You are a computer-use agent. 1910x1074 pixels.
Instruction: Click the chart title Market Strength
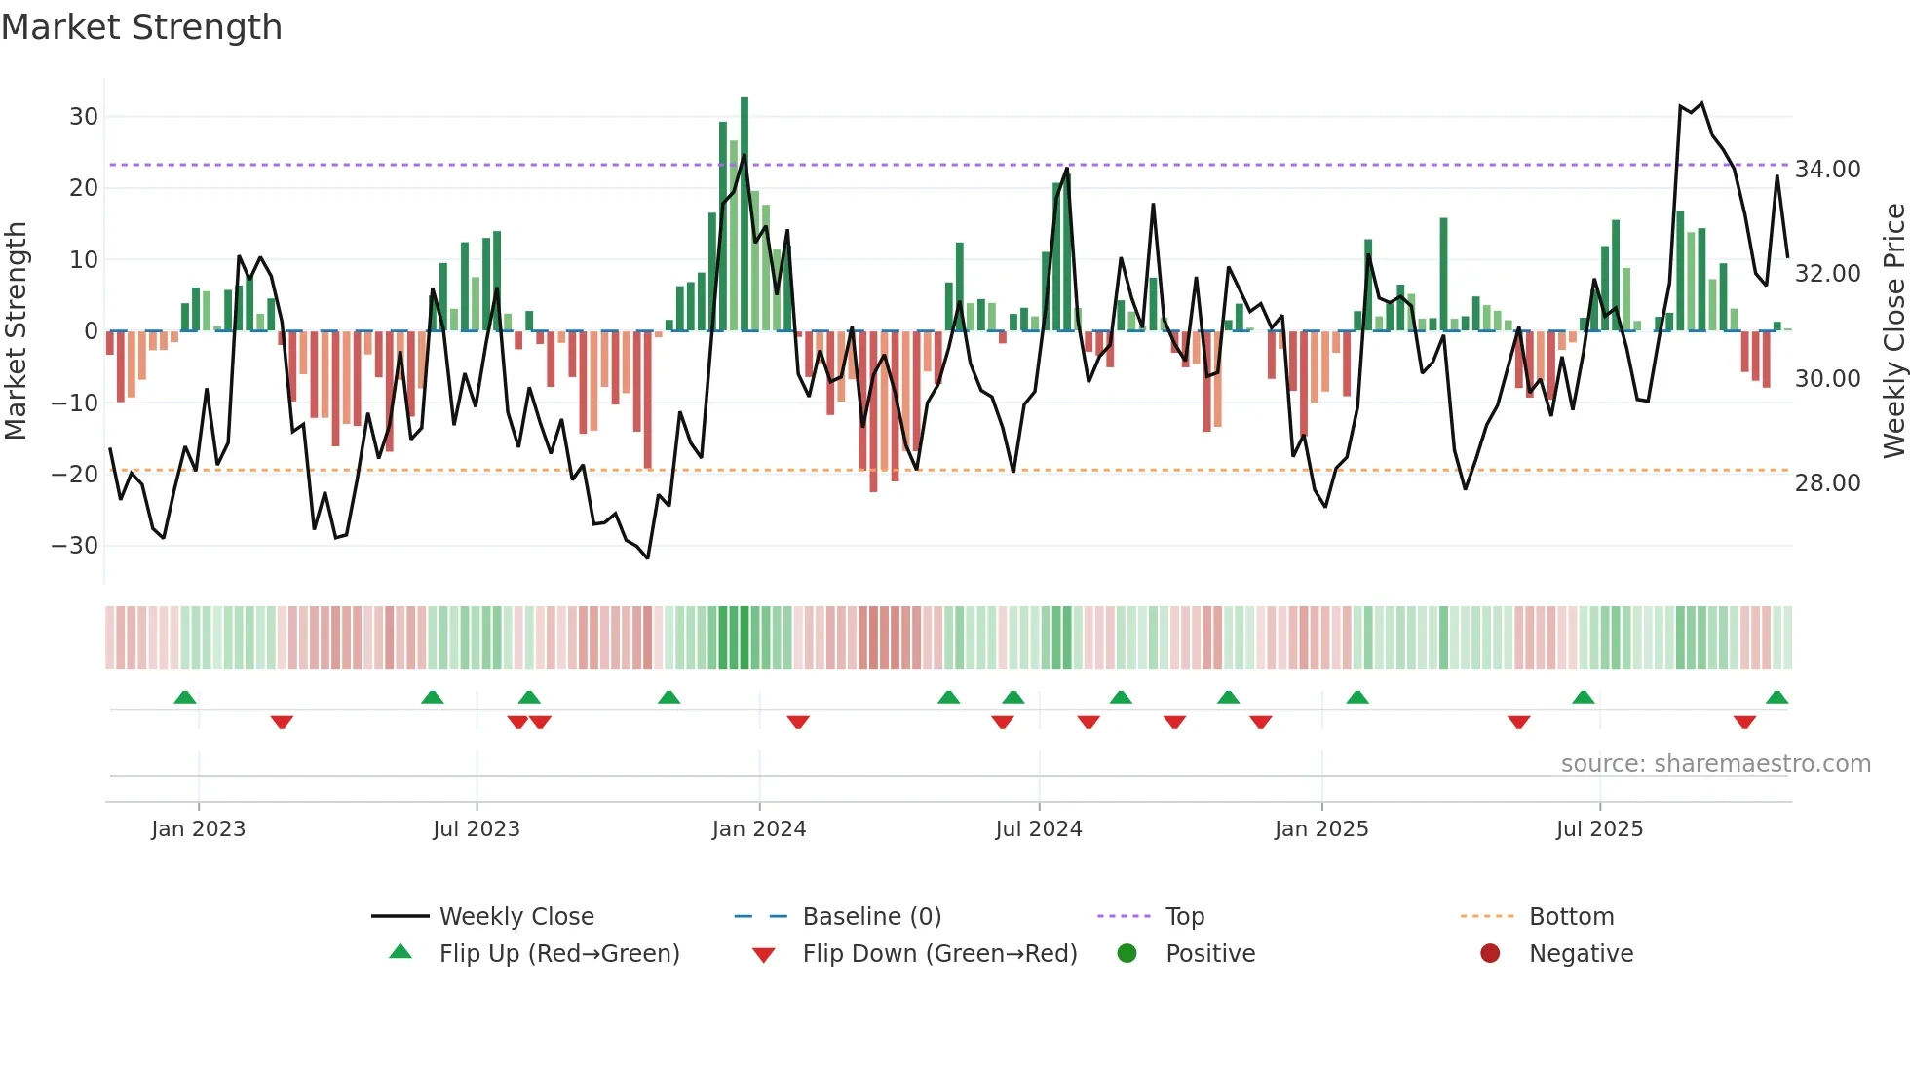[141, 27]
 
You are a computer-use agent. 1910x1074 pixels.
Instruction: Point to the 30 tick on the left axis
[83, 117]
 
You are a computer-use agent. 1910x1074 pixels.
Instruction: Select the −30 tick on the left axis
[75, 546]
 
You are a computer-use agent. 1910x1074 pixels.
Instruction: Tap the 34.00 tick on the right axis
[1828, 170]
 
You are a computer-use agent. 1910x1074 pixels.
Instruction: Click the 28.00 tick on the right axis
[1828, 483]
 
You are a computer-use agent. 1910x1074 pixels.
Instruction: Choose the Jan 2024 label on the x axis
[759, 829]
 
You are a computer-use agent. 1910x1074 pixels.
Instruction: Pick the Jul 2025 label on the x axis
[1599, 829]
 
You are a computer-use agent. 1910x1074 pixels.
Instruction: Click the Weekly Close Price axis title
[1893, 331]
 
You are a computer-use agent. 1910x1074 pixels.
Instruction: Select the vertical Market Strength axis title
[17, 331]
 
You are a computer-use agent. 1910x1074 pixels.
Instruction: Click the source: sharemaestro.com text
[1715, 764]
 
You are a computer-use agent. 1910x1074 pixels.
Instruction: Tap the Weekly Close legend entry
[516, 917]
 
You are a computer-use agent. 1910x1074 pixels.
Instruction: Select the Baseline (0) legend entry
[871, 917]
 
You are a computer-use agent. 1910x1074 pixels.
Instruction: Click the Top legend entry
[1185, 917]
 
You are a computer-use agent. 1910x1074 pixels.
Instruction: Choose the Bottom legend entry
[1571, 917]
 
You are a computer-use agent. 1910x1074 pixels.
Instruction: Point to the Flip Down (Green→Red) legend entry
[939, 954]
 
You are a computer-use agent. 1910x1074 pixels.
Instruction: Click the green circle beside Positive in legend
[1127, 954]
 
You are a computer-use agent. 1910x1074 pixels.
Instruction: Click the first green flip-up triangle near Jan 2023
[185, 697]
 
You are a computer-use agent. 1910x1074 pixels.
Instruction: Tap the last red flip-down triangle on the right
[1744, 722]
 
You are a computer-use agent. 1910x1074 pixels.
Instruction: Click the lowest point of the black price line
[647, 557]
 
